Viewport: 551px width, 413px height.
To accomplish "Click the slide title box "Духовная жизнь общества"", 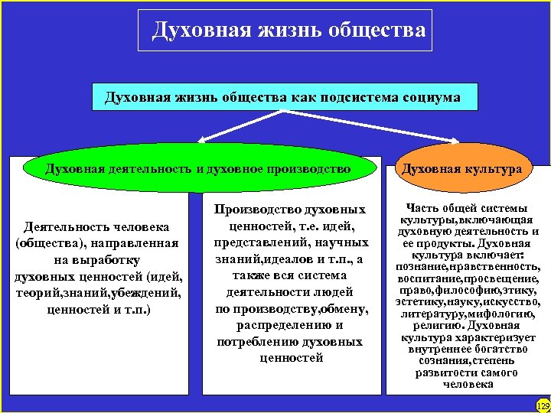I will point(285,31).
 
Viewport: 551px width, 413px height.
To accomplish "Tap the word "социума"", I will point(430,98).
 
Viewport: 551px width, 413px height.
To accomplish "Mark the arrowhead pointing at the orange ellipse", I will point(453,141).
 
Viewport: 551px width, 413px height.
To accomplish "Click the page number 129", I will point(543,405).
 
